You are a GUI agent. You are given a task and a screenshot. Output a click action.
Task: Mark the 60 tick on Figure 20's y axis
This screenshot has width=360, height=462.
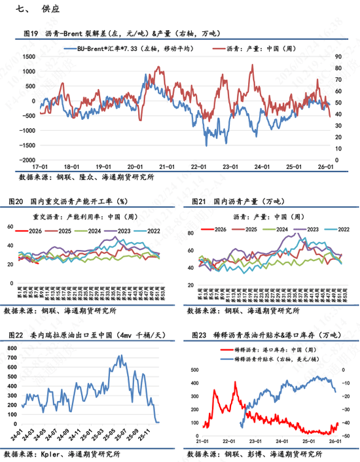point(10,226)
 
